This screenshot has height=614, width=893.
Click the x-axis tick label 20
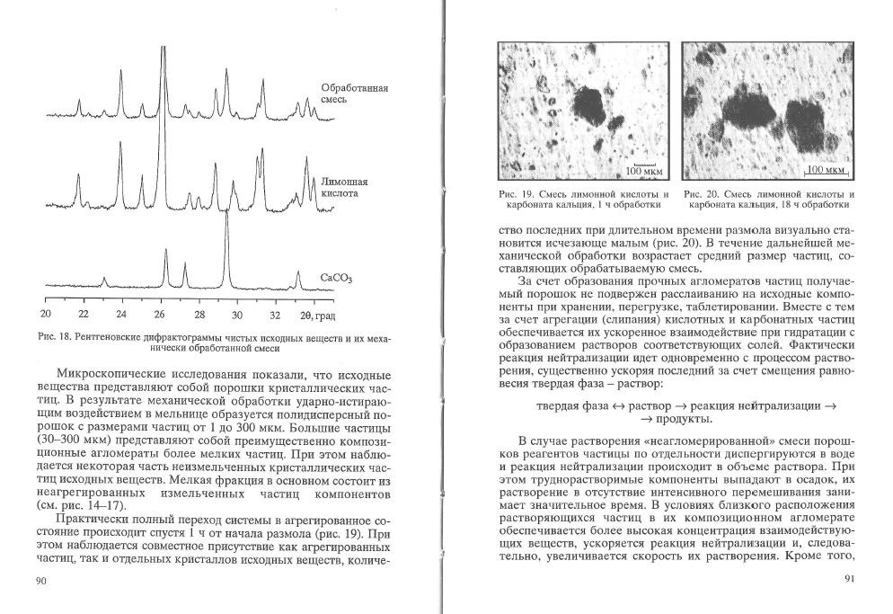tap(46, 315)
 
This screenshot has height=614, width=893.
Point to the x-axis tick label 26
tap(159, 315)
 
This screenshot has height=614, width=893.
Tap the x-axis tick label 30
tap(236, 315)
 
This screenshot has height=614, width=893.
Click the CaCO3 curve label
tap(336, 279)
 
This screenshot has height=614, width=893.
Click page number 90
tap(40, 582)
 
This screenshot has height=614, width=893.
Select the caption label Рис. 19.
tap(512, 195)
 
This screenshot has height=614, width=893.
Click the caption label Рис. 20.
tap(698, 195)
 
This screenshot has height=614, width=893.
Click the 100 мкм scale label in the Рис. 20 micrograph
tap(826, 170)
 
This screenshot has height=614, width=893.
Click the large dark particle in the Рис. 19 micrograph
tap(591, 103)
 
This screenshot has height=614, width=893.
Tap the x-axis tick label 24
tap(121, 315)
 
